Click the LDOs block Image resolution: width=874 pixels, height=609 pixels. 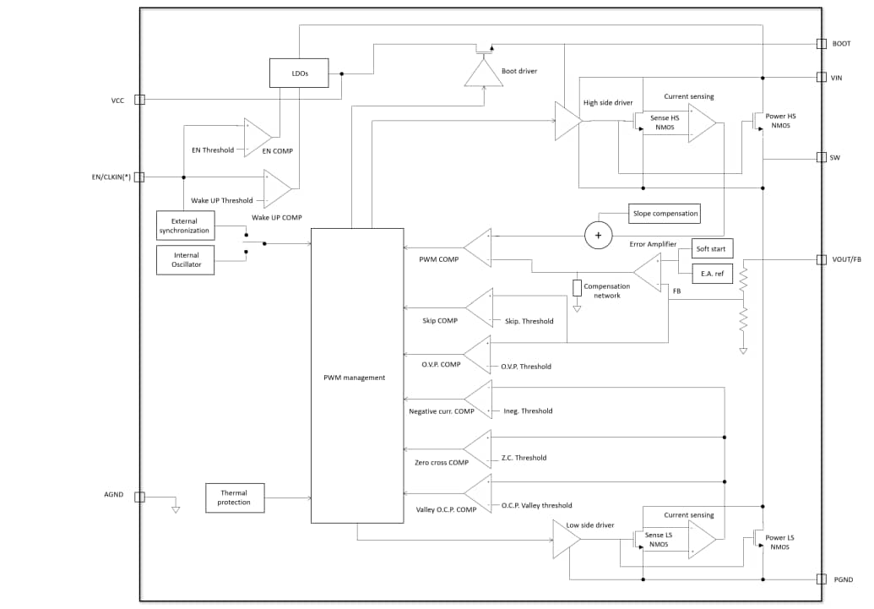(x=299, y=73)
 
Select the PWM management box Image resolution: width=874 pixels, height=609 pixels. (x=354, y=377)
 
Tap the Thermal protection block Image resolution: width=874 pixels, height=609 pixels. (x=235, y=498)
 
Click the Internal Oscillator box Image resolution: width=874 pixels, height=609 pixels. (x=186, y=259)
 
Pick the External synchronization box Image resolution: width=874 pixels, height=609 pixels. (x=185, y=226)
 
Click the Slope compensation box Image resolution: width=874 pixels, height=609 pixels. (x=665, y=214)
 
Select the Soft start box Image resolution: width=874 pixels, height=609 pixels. (x=710, y=249)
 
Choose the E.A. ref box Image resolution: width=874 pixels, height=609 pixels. (x=710, y=273)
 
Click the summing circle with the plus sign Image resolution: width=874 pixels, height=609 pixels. (x=599, y=236)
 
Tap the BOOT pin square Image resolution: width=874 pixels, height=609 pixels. (x=821, y=44)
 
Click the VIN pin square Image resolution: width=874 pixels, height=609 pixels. (x=821, y=77)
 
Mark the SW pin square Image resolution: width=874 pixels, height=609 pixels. (x=821, y=158)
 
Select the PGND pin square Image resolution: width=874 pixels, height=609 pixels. (x=821, y=579)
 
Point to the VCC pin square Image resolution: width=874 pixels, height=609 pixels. (x=140, y=100)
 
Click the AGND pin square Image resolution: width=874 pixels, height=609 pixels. (x=140, y=498)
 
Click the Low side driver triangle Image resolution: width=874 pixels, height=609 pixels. (x=566, y=539)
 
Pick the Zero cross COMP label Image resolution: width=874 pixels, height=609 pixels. (x=442, y=463)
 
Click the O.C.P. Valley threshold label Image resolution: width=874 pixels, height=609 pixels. (x=536, y=506)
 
